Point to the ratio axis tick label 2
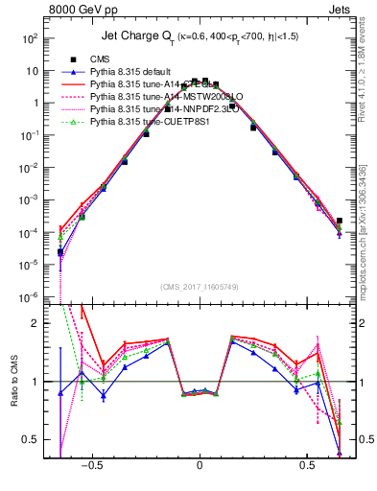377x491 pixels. point(35,323)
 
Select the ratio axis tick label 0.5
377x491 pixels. point(31,440)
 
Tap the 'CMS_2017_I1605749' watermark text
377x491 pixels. point(200,288)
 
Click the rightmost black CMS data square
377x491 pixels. point(340,221)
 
